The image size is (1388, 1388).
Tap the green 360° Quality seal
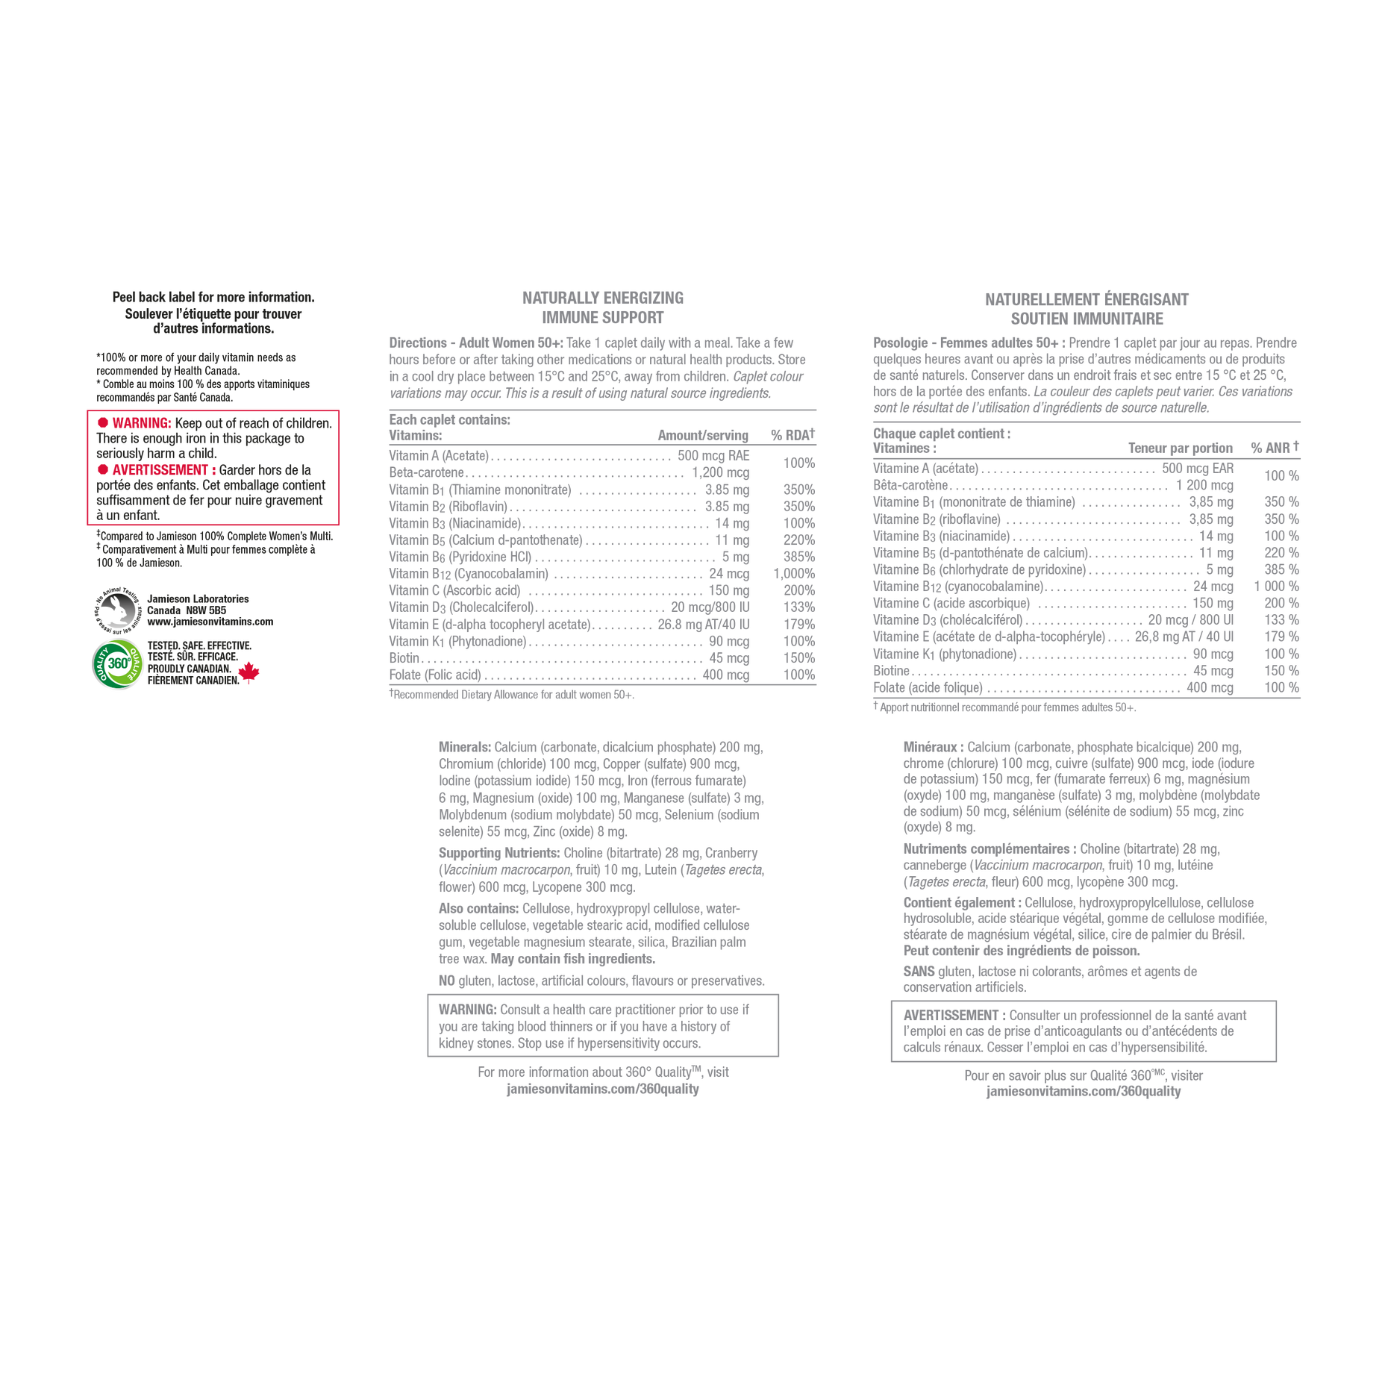coord(118,663)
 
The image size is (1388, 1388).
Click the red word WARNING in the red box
coord(142,423)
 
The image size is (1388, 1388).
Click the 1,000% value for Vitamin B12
coord(794,574)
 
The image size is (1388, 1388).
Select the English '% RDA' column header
coord(793,434)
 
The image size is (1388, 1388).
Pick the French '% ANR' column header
coord(1275,448)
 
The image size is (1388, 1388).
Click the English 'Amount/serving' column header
coord(703,435)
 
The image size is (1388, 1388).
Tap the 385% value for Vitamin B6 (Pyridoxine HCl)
coord(799,557)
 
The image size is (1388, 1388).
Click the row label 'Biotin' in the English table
coord(404,658)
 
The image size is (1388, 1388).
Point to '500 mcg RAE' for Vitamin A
coord(713,455)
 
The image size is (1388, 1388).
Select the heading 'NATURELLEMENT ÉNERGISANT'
coord(1087,299)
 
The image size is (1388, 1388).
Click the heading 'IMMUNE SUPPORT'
coord(603,318)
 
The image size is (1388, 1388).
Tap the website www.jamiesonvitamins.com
coord(210,622)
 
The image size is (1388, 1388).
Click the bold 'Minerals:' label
coord(465,747)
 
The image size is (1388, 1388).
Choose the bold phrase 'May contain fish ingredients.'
coord(604,959)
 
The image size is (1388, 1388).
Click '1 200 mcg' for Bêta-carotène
coord(1204,485)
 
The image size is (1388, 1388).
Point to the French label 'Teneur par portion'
coord(1181,448)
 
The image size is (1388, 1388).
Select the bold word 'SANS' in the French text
coord(919,972)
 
